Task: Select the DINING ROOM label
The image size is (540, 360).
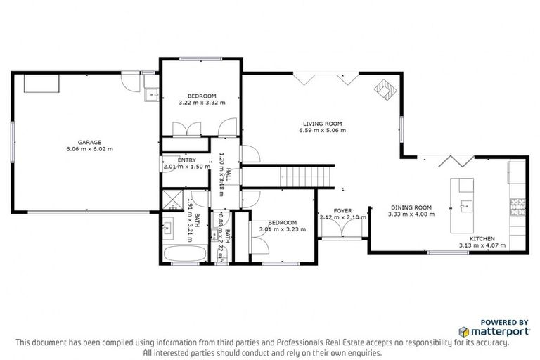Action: pos(409,207)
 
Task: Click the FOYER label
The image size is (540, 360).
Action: pos(342,210)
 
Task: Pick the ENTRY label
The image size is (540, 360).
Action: pos(176,160)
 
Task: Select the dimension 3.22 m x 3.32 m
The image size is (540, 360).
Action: pos(202,103)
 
